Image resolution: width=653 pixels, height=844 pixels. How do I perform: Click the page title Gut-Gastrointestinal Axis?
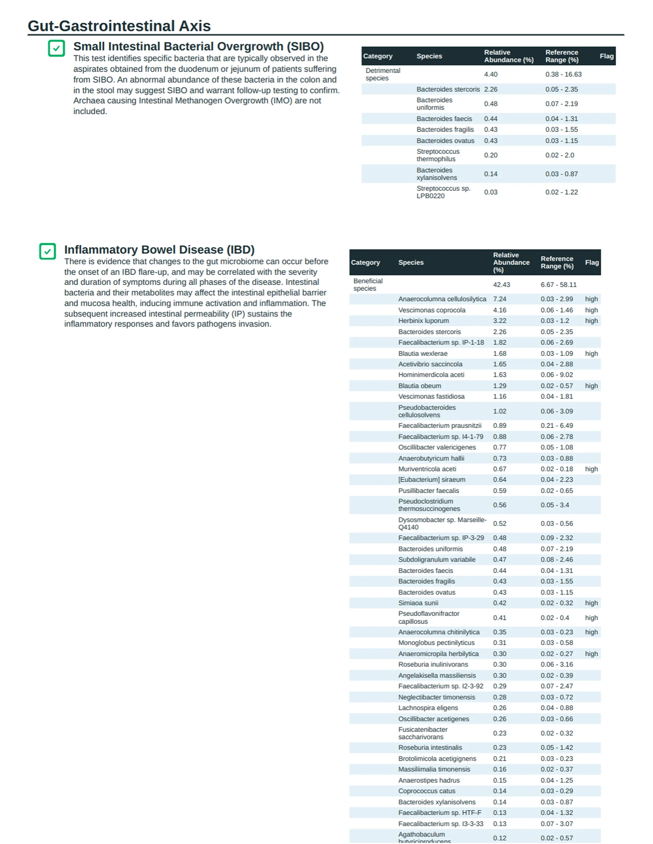point(119,26)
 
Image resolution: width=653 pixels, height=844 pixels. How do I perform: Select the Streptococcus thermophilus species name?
point(438,155)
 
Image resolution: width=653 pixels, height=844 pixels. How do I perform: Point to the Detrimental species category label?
point(383,74)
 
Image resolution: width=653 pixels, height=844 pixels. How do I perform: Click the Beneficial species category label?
point(367,285)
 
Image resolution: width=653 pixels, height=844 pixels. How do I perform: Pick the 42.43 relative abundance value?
point(501,285)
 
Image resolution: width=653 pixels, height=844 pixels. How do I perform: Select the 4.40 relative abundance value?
point(490,74)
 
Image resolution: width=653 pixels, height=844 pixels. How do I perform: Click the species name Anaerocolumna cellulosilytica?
point(442,299)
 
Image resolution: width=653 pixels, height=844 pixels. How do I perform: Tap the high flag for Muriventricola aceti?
point(591,469)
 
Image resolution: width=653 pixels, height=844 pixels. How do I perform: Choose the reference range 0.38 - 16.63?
point(563,74)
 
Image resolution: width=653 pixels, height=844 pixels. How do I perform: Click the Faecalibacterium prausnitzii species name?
point(440,425)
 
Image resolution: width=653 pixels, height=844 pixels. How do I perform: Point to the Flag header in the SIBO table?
point(606,56)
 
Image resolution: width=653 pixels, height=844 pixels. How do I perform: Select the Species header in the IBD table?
point(411,262)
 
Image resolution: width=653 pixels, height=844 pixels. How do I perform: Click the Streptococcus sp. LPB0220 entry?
point(443,192)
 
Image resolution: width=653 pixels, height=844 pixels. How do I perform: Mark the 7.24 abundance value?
point(499,299)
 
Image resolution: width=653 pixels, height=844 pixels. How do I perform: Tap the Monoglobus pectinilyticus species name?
point(436,643)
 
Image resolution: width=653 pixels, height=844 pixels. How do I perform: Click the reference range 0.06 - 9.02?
point(557,374)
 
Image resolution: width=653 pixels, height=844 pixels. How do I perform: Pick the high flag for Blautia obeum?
point(591,386)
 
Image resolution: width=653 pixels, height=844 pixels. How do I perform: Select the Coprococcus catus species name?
point(426,791)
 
